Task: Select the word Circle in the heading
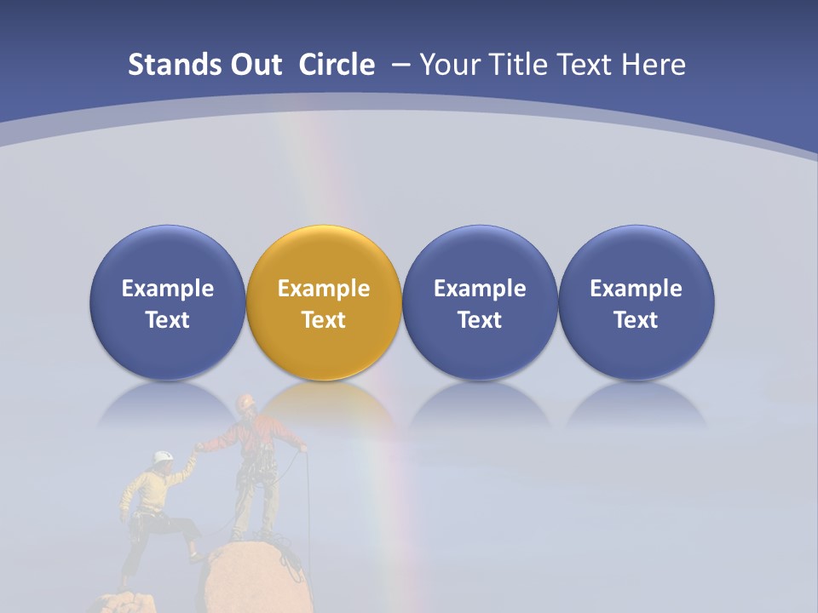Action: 337,65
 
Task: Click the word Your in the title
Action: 447,65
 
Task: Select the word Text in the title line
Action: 582,65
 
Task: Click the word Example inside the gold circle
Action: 324,289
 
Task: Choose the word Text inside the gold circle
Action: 324,320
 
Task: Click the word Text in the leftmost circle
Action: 168,320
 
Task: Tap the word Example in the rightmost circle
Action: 636,289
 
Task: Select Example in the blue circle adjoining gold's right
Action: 480,289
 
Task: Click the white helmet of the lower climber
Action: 163,458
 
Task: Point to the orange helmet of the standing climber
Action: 246,401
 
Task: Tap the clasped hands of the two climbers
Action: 198,448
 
